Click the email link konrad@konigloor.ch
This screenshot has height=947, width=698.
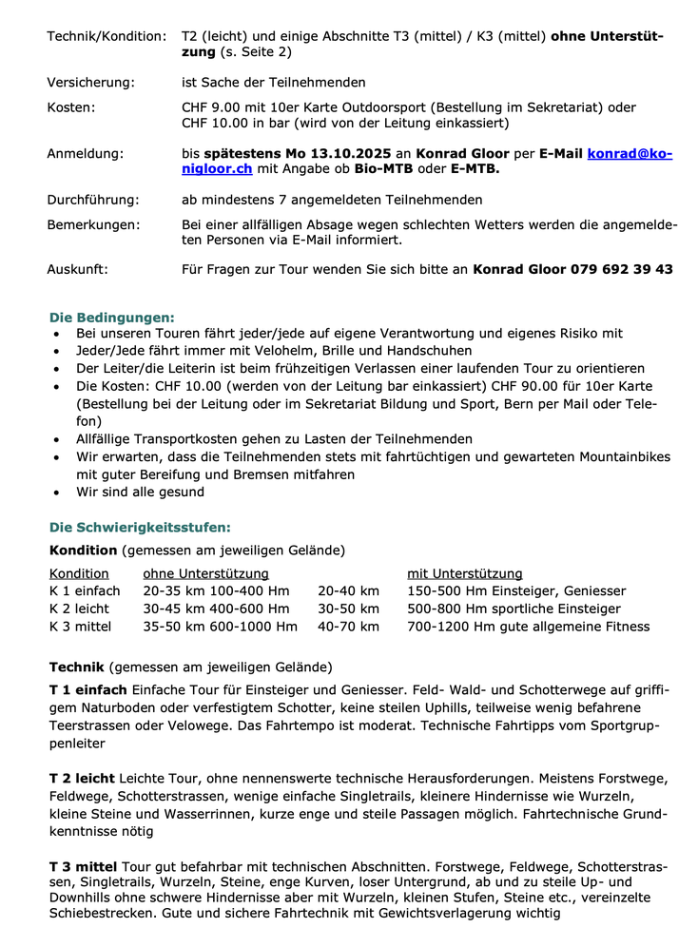(x=630, y=153)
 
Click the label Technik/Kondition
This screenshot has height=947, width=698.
(x=107, y=36)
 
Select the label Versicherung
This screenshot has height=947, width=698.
(x=90, y=83)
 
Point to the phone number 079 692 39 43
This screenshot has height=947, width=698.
(x=622, y=269)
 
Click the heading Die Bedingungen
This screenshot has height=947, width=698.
(x=112, y=317)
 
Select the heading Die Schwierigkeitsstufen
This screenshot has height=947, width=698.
(x=140, y=527)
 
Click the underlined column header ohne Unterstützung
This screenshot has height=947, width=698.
(x=205, y=573)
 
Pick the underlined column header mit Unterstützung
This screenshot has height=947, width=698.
(x=465, y=573)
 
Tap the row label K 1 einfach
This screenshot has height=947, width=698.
(x=85, y=591)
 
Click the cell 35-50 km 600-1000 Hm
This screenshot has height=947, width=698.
(x=220, y=627)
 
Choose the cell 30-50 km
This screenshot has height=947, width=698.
(x=348, y=609)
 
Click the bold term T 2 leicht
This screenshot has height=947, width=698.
(x=82, y=779)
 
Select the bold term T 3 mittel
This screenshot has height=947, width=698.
(x=83, y=867)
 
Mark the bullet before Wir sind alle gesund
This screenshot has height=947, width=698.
(x=58, y=493)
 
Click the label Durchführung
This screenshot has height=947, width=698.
(x=93, y=200)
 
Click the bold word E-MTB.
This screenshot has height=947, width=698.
(x=475, y=169)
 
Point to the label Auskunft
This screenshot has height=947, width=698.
(x=77, y=269)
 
